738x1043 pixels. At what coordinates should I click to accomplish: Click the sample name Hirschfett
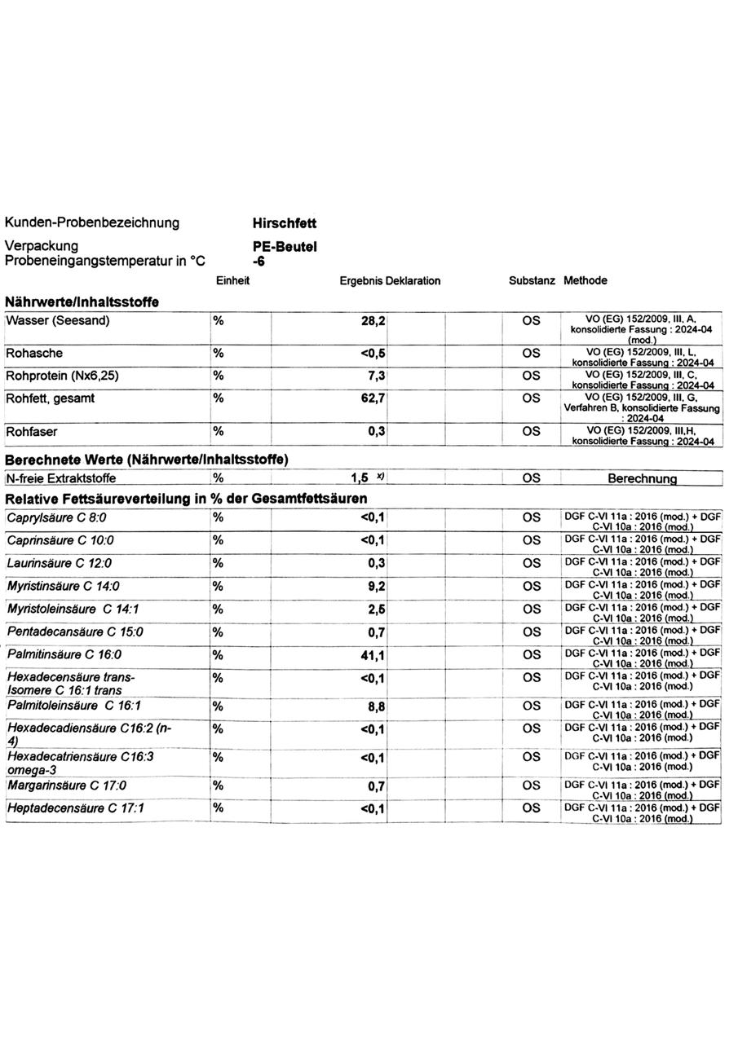(285, 223)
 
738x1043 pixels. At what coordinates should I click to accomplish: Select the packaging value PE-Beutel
(285, 247)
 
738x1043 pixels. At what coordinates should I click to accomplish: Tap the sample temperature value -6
(259, 262)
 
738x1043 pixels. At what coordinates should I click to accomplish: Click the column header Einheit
(232, 281)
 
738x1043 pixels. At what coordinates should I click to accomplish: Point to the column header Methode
(585, 281)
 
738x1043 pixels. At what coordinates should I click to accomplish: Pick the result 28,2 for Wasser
(373, 321)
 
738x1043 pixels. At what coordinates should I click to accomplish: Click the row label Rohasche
(34, 354)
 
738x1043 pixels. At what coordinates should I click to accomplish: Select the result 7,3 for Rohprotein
(376, 376)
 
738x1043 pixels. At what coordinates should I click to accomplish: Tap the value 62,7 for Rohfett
(373, 398)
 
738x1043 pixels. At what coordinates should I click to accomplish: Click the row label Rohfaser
(32, 431)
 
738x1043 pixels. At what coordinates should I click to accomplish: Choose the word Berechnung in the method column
(642, 479)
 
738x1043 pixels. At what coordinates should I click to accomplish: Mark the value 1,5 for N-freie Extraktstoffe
(360, 478)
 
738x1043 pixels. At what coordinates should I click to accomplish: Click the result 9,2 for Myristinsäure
(376, 586)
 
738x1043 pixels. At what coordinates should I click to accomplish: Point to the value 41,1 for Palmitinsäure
(373, 655)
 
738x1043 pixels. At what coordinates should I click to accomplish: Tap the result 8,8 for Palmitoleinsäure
(376, 707)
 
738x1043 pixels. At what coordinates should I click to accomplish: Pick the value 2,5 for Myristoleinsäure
(376, 610)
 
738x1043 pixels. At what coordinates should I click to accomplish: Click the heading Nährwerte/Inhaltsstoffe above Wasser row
(82, 302)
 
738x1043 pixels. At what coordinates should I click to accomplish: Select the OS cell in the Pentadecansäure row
(531, 632)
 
